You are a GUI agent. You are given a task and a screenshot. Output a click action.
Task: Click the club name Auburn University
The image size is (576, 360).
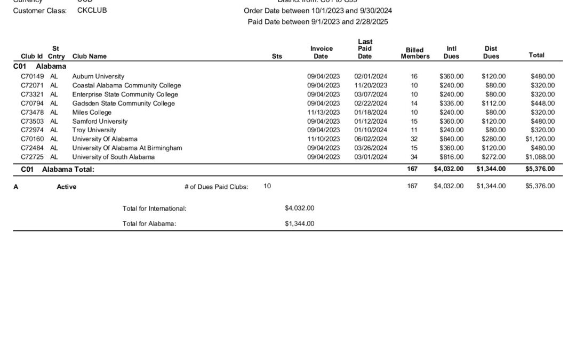[x=98, y=76]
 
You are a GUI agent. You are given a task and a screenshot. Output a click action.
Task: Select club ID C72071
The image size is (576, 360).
[x=33, y=85]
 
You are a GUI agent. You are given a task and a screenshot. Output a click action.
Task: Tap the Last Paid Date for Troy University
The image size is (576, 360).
[x=371, y=130]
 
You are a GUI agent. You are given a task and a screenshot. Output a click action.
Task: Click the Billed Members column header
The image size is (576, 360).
[x=415, y=53]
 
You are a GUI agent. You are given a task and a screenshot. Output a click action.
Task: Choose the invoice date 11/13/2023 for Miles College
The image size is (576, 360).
[x=323, y=113]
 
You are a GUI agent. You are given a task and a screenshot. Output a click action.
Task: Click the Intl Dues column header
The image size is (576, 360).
[x=451, y=52]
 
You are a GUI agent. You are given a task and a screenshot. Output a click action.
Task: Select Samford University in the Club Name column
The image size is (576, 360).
[x=100, y=122]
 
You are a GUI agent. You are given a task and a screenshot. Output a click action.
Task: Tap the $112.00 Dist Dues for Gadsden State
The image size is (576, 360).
[x=493, y=103]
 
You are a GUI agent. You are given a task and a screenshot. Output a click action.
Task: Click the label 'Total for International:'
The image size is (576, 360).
[x=154, y=209]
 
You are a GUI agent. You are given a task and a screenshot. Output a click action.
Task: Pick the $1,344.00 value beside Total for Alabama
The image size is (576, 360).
[x=299, y=224]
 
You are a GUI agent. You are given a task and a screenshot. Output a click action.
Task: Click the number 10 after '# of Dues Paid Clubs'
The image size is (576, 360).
[x=267, y=186]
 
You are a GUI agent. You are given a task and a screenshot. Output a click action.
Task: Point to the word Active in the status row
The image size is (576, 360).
[x=66, y=187]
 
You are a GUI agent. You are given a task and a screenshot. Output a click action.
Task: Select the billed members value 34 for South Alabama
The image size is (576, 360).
[x=414, y=157]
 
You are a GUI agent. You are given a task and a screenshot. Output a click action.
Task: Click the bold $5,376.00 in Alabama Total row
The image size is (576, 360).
[x=540, y=169]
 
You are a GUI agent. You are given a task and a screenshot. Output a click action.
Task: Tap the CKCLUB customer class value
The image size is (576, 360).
[x=92, y=11]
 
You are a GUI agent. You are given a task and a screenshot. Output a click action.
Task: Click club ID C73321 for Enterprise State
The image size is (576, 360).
[x=33, y=94]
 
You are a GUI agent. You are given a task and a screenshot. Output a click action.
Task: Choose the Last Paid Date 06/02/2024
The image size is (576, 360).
[x=371, y=139]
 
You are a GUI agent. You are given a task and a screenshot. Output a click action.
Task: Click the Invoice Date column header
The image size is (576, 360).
[x=322, y=52]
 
